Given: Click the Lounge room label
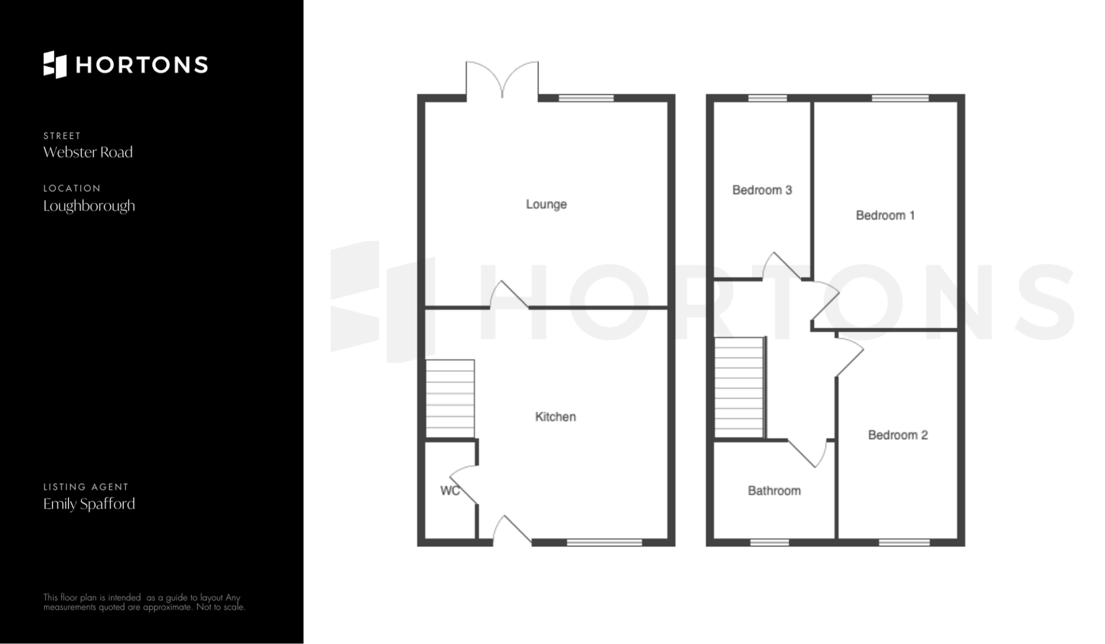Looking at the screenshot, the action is click(x=546, y=204).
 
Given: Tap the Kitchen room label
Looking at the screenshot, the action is click(x=555, y=417).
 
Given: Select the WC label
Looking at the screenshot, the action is click(x=449, y=490).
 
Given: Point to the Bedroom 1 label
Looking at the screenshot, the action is click(x=885, y=215).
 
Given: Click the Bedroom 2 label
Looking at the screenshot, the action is click(x=898, y=435).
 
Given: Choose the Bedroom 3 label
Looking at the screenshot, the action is click(x=762, y=190).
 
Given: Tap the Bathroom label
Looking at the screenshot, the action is click(x=774, y=491).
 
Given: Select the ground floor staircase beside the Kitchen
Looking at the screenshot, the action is click(x=450, y=399).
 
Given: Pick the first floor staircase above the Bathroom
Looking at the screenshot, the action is click(x=740, y=387).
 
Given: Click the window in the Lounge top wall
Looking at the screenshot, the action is click(x=586, y=98).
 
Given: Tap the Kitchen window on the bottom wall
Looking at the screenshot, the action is click(x=604, y=542).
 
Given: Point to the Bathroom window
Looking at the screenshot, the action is click(x=769, y=542).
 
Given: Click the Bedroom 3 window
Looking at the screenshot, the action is click(x=767, y=98).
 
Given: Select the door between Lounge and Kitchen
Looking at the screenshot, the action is click(x=509, y=295).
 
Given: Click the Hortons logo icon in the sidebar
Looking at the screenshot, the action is click(x=55, y=64).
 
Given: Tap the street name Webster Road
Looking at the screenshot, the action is click(x=88, y=152).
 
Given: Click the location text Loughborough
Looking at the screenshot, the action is click(x=89, y=206).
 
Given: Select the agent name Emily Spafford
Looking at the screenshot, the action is click(x=89, y=504).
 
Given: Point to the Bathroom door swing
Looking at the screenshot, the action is click(x=807, y=454).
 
